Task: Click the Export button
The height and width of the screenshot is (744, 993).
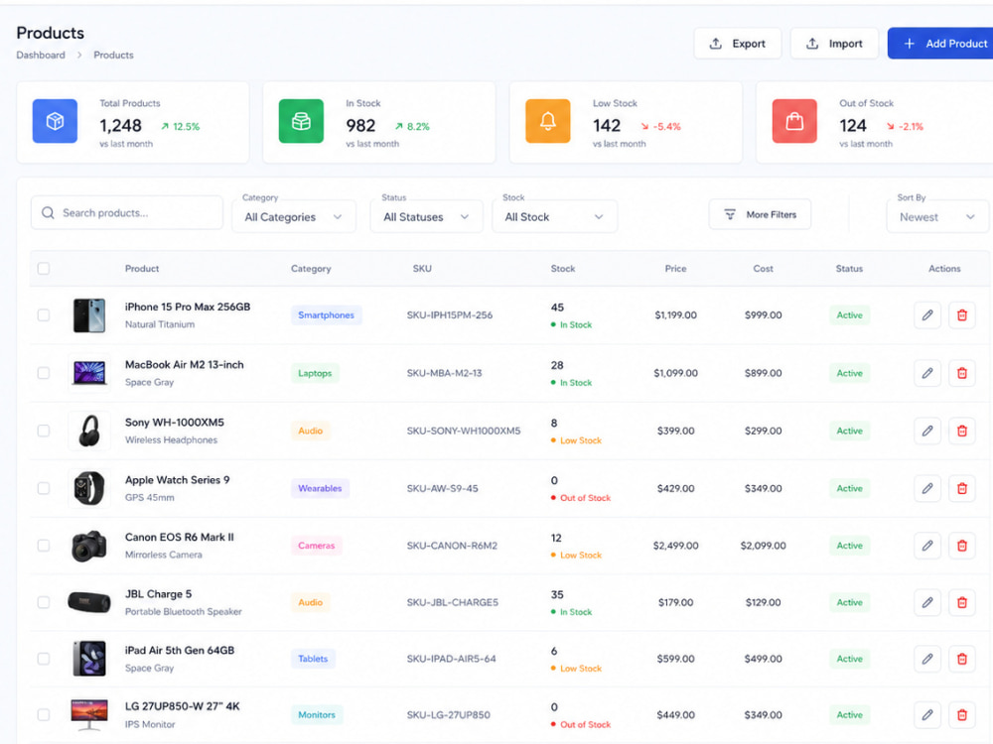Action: click(x=737, y=44)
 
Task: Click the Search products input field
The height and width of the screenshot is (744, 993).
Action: click(x=127, y=212)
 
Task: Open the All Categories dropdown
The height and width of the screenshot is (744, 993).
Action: click(x=294, y=217)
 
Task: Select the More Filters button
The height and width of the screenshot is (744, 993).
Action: click(x=760, y=214)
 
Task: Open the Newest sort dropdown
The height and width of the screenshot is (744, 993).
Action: click(x=937, y=217)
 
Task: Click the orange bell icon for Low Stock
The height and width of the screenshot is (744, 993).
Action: click(x=548, y=121)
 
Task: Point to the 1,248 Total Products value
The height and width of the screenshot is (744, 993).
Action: click(x=120, y=126)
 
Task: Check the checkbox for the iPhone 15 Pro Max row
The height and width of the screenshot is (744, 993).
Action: click(x=44, y=315)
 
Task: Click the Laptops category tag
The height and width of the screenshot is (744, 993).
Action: click(x=315, y=373)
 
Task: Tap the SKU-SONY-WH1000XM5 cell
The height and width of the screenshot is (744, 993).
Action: click(x=464, y=431)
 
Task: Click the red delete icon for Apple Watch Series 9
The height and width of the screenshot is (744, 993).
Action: click(x=962, y=488)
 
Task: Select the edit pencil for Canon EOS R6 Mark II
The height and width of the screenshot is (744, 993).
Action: click(x=927, y=546)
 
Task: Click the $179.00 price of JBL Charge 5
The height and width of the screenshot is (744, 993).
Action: click(x=675, y=602)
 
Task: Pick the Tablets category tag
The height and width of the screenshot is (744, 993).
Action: click(x=313, y=659)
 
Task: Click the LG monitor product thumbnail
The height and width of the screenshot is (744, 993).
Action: click(x=89, y=715)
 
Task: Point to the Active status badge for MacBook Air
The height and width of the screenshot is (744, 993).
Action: click(x=849, y=373)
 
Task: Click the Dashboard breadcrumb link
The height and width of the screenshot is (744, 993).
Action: click(x=41, y=55)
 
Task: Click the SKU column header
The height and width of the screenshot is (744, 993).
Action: click(x=422, y=268)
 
